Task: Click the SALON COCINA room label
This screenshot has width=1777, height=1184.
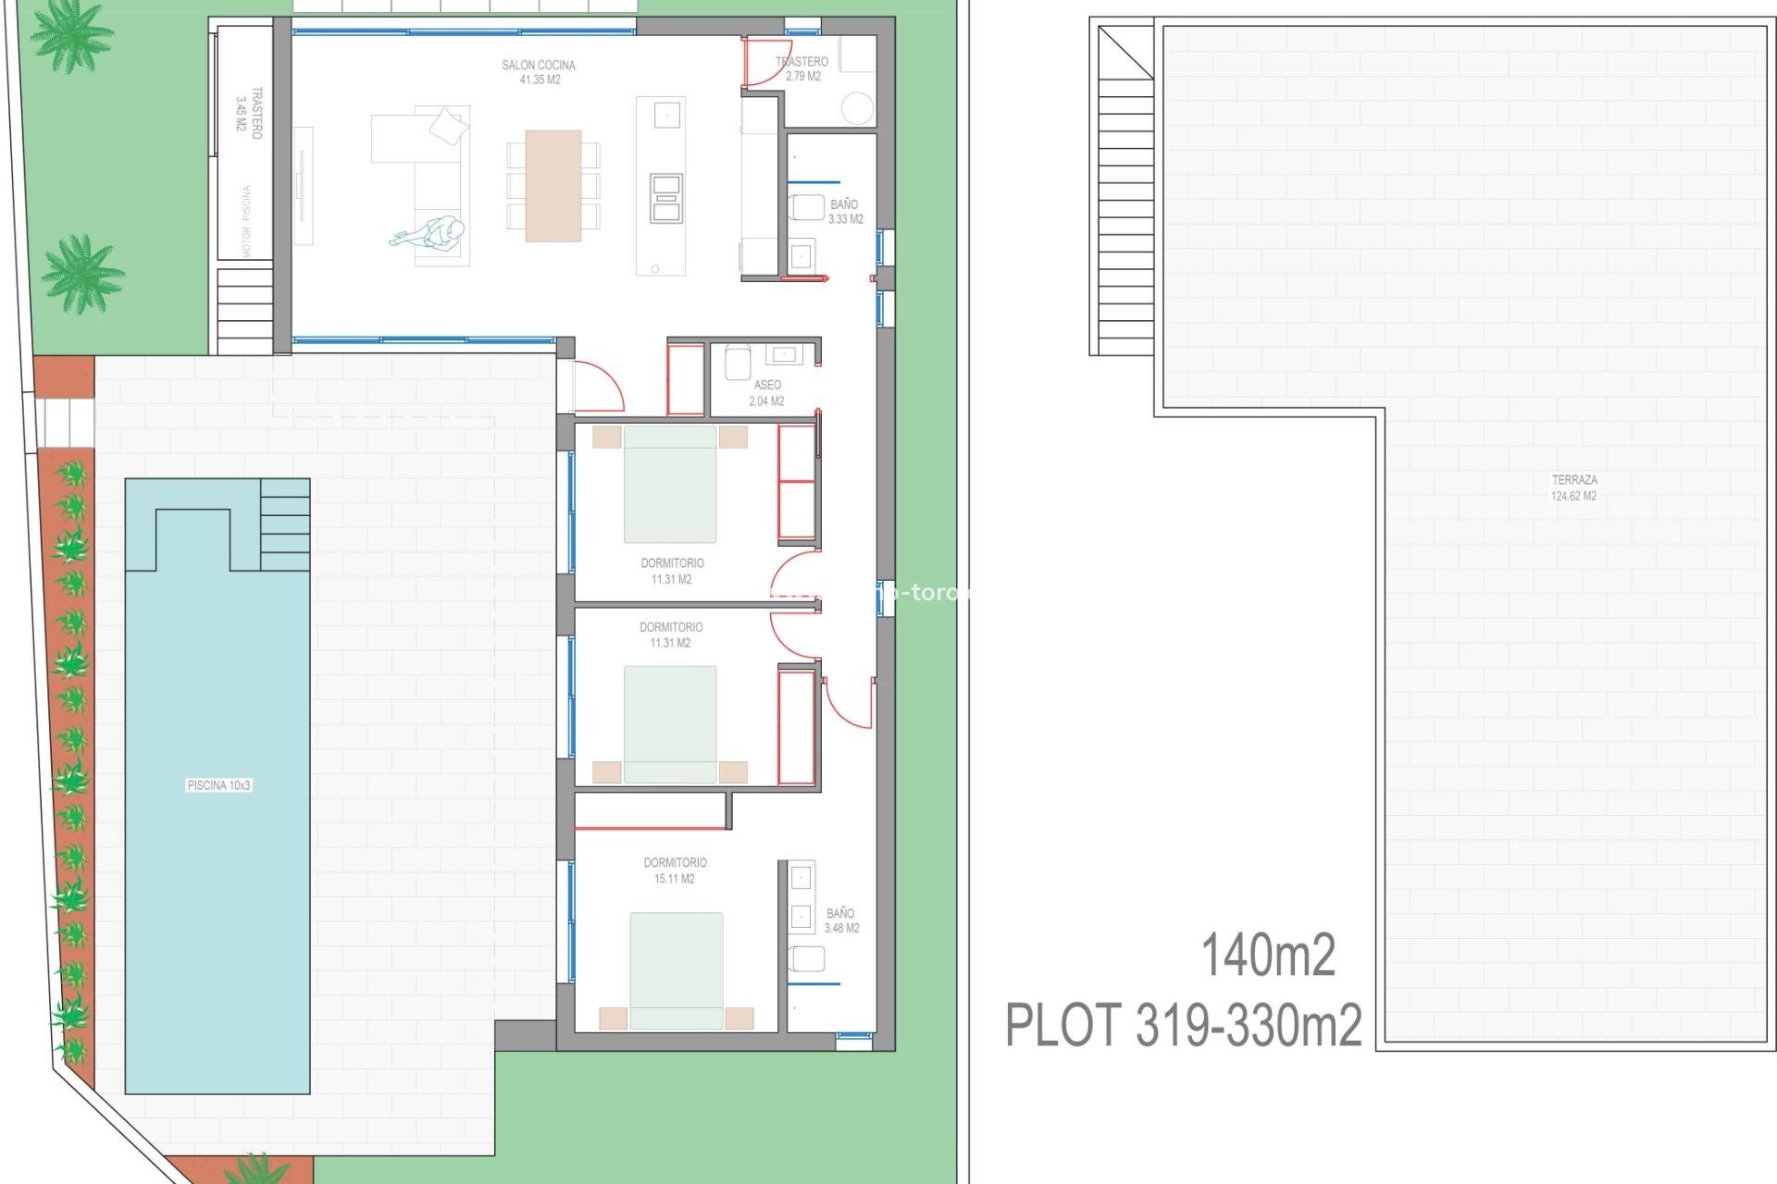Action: pos(539,72)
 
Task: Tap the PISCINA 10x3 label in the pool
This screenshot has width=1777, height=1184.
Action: pos(218,785)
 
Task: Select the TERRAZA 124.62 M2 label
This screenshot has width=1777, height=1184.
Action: pos(1573,487)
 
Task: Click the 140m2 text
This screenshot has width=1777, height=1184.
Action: pos(1268,956)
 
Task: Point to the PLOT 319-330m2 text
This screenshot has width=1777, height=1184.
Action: pos(1184,1025)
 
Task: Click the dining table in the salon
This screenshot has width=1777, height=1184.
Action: pos(553,185)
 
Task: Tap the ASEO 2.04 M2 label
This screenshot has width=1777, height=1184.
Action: pos(766,392)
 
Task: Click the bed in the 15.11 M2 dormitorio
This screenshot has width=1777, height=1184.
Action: pos(676,969)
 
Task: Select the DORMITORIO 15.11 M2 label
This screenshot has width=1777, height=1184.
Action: pos(675,870)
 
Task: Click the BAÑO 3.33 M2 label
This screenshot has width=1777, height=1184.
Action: pos(845,212)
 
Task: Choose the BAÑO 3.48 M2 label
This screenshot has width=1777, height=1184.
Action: pos(841,920)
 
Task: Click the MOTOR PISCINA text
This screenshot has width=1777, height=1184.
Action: pos(246,221)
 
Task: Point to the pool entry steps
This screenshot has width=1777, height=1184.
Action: pos(285,524)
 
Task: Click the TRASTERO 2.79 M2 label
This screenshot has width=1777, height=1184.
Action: pos(802,68)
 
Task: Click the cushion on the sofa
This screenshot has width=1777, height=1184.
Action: pos(449,126)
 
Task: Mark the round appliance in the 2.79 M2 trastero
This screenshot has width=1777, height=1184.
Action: pos(857,108)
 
